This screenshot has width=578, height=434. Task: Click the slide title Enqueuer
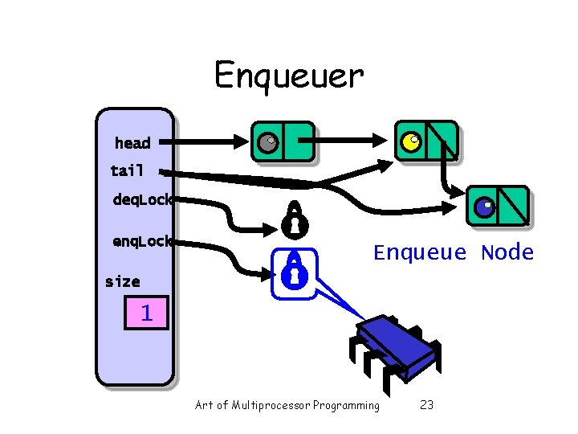(288, 76)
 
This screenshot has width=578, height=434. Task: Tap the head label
(132, 143)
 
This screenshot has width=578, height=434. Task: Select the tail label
(127, 170)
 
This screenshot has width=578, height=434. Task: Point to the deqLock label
(142, 199)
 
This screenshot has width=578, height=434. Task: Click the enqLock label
(142, 240)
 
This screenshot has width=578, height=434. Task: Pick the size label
(122, 281)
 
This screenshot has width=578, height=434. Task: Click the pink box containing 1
(146, 312)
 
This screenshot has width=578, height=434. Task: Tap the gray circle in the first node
(267, 142)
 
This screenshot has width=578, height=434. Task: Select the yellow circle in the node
(410, 142)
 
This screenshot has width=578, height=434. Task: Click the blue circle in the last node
(483, 207)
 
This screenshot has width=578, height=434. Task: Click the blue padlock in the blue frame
(294, 272)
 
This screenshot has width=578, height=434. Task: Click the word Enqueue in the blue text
(420, 253)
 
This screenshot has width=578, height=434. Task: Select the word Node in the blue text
(507, 253)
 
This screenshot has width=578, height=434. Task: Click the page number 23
(427, 405)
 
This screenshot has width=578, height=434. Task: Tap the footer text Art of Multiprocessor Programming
(287, 405)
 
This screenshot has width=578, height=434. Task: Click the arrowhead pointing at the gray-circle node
(240, 143)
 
